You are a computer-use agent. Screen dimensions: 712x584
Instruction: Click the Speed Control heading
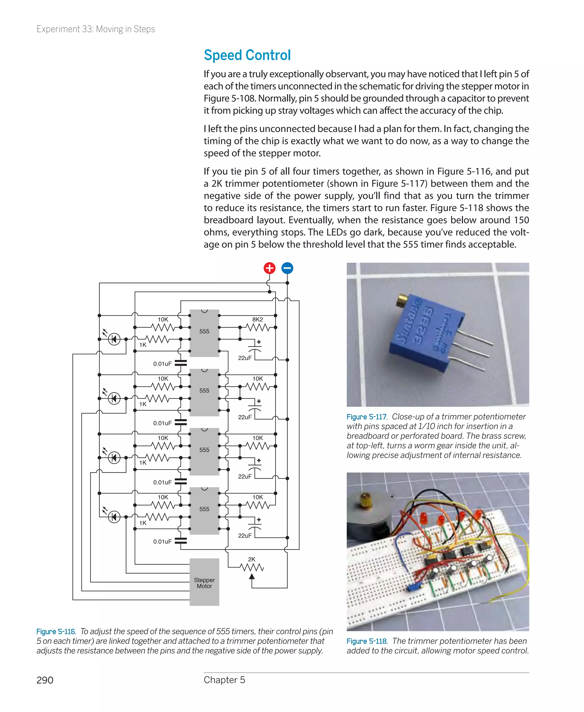pyautogui.click(x=247, y=55)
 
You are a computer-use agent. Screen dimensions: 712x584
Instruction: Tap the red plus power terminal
pyautogui.click(x=269, y=268)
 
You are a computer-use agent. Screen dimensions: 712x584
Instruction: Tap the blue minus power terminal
pyautogui.click(x=287, y=268)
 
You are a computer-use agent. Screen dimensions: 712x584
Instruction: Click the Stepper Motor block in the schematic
pyautogui.click(x=204, y=582)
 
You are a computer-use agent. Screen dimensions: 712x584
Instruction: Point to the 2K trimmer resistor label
pyautogui.click(x=251, y=559)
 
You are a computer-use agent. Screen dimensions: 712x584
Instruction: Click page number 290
pyautogui.click(x=45, y=680)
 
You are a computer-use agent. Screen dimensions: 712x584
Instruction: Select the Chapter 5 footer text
pyautogui.click(x=224, y=680)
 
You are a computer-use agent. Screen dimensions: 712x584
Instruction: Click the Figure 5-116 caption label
pyautogui.click(x=56, y=631)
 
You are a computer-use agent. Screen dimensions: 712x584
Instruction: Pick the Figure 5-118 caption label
pyautogui.click(x=366, y=641)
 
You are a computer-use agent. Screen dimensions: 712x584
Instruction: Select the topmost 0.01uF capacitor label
pyautogui.click(x=163, y=364)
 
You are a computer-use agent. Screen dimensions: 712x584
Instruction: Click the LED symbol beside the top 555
pyautogui.click(x=114, y=339)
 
